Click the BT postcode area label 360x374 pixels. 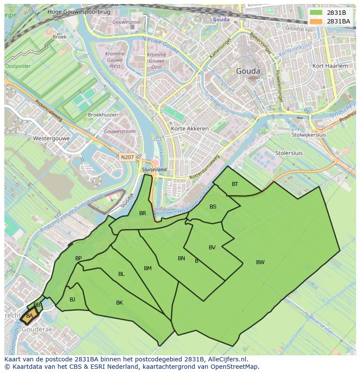click(x=235, y=184)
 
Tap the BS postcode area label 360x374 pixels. click(x=213, y=207)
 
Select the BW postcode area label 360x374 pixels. click(x=260, y=262)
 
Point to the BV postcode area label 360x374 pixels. click(x=212, y=248)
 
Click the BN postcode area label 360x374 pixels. click(x=181, y=258)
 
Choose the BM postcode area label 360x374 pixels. click(x=148, y=268)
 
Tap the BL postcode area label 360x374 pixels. click(x=121, y=274)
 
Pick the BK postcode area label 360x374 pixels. click(x=120, y=303)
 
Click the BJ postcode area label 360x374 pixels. click(x=72, y=299)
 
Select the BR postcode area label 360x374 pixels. click(x=143, y=213)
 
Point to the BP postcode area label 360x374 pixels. click(x=78, y=258)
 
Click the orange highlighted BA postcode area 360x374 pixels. click(x=30, y=316)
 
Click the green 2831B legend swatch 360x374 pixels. click(x=317, y=13)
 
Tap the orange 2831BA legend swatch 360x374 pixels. click(x=317, y=21)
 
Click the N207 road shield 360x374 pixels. click(x=128, y=157)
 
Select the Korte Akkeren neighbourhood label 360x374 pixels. click(x=190, y=129)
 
